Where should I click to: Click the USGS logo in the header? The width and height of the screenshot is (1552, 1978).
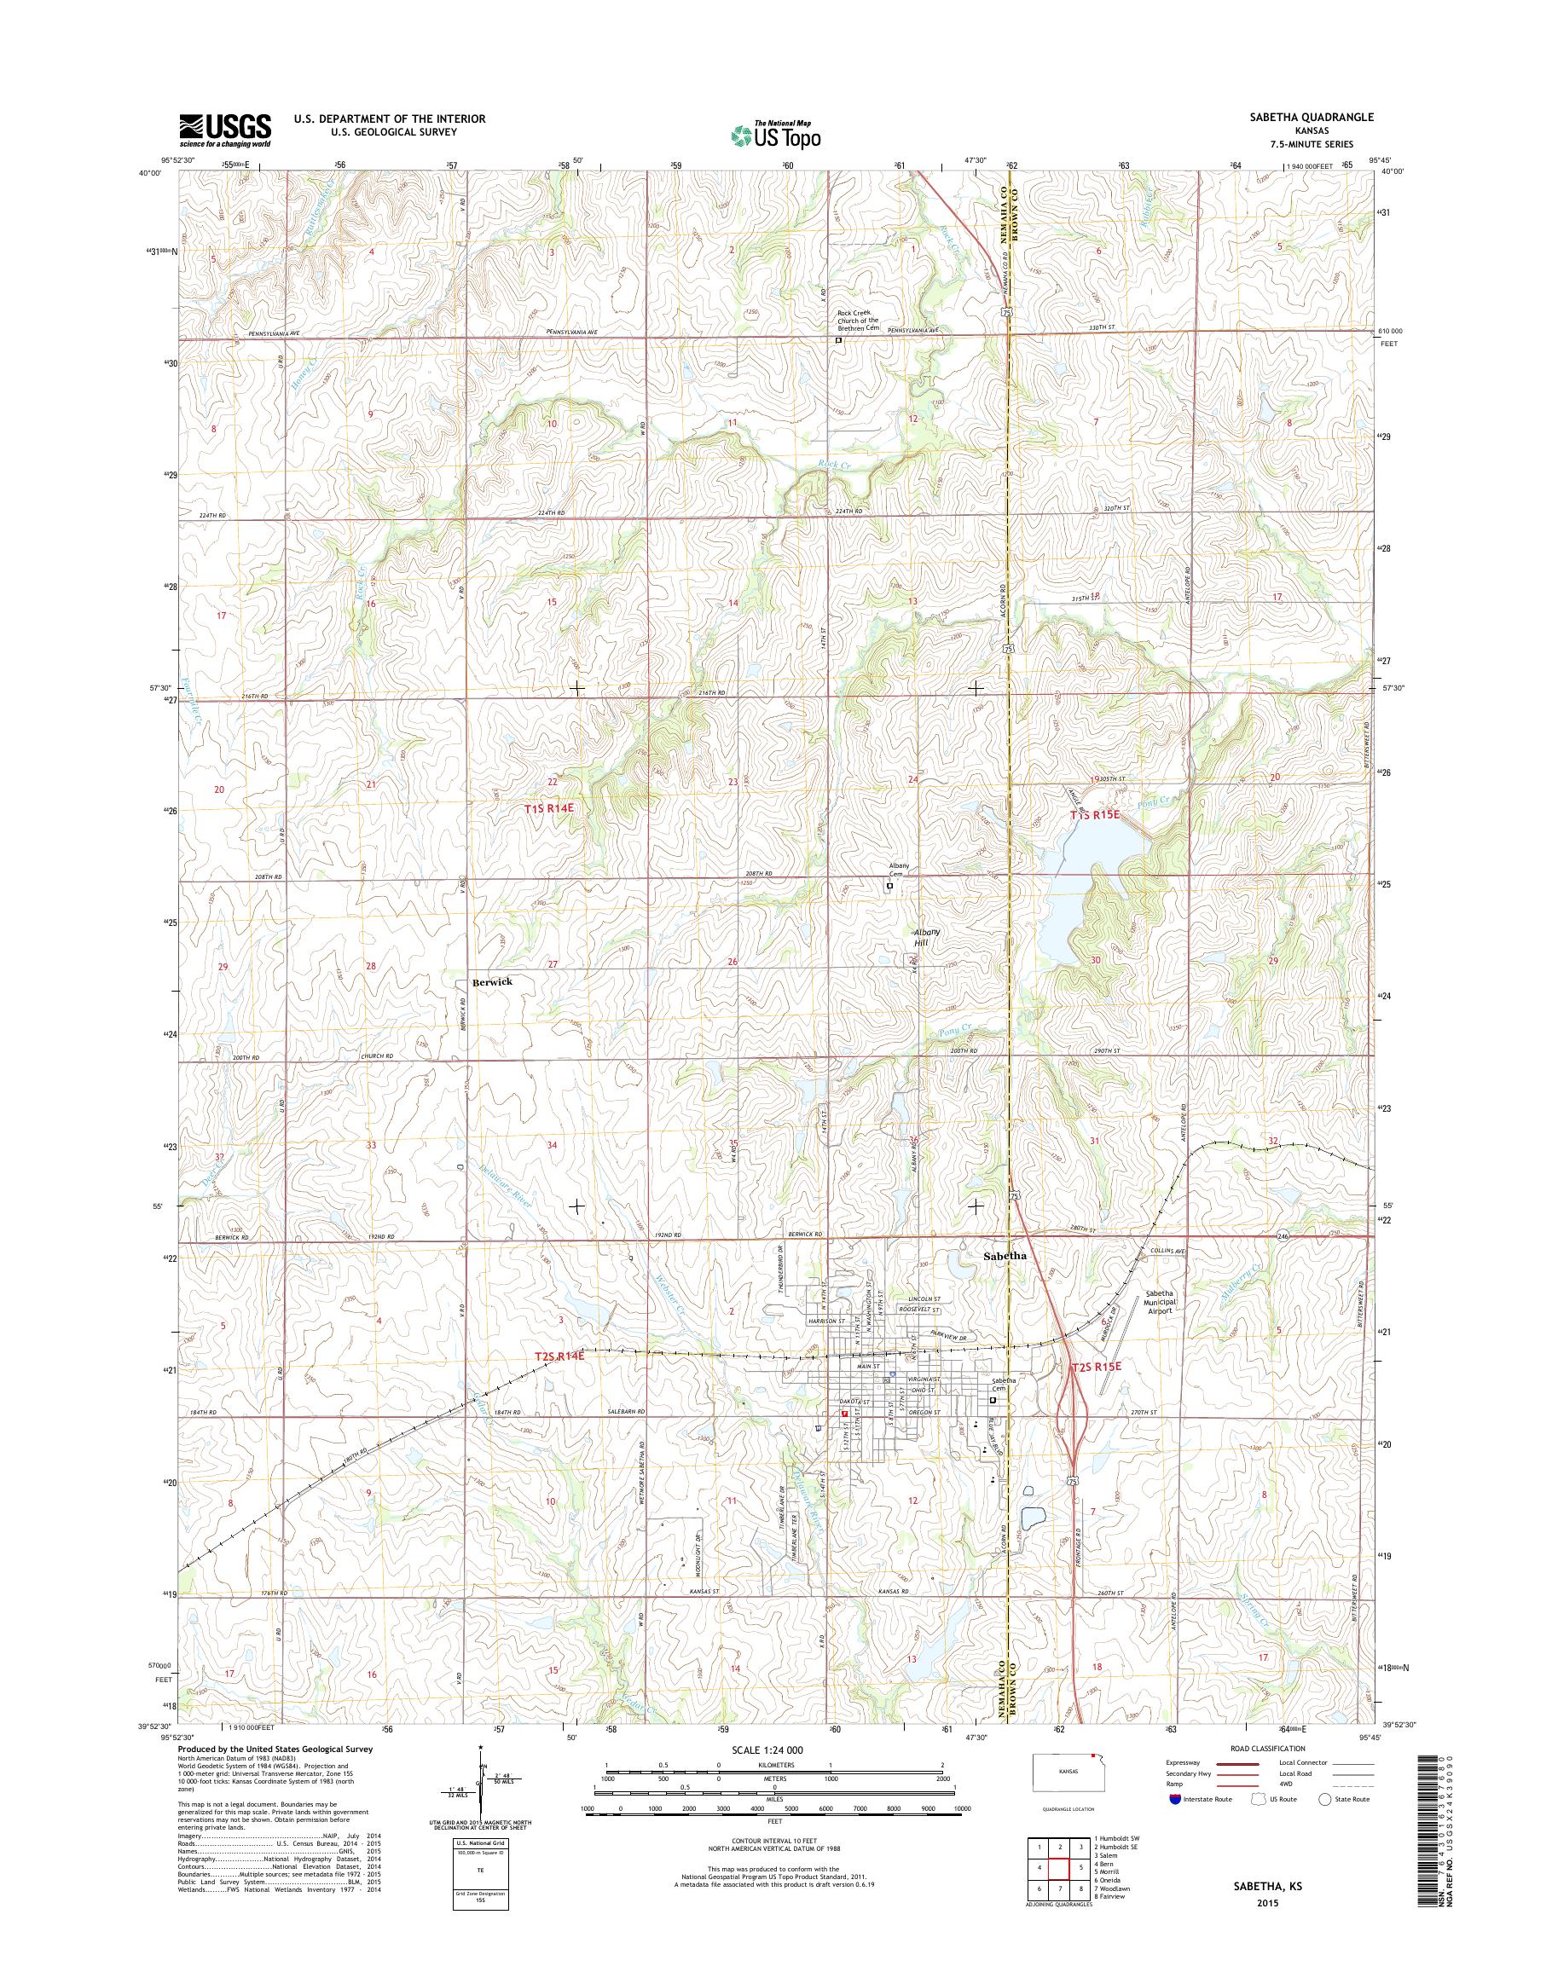[225, 130]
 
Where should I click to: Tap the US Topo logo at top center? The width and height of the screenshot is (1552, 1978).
[776, 136]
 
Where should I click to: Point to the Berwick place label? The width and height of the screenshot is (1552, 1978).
[491, 982]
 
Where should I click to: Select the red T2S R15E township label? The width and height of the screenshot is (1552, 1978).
[1097, 1367]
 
